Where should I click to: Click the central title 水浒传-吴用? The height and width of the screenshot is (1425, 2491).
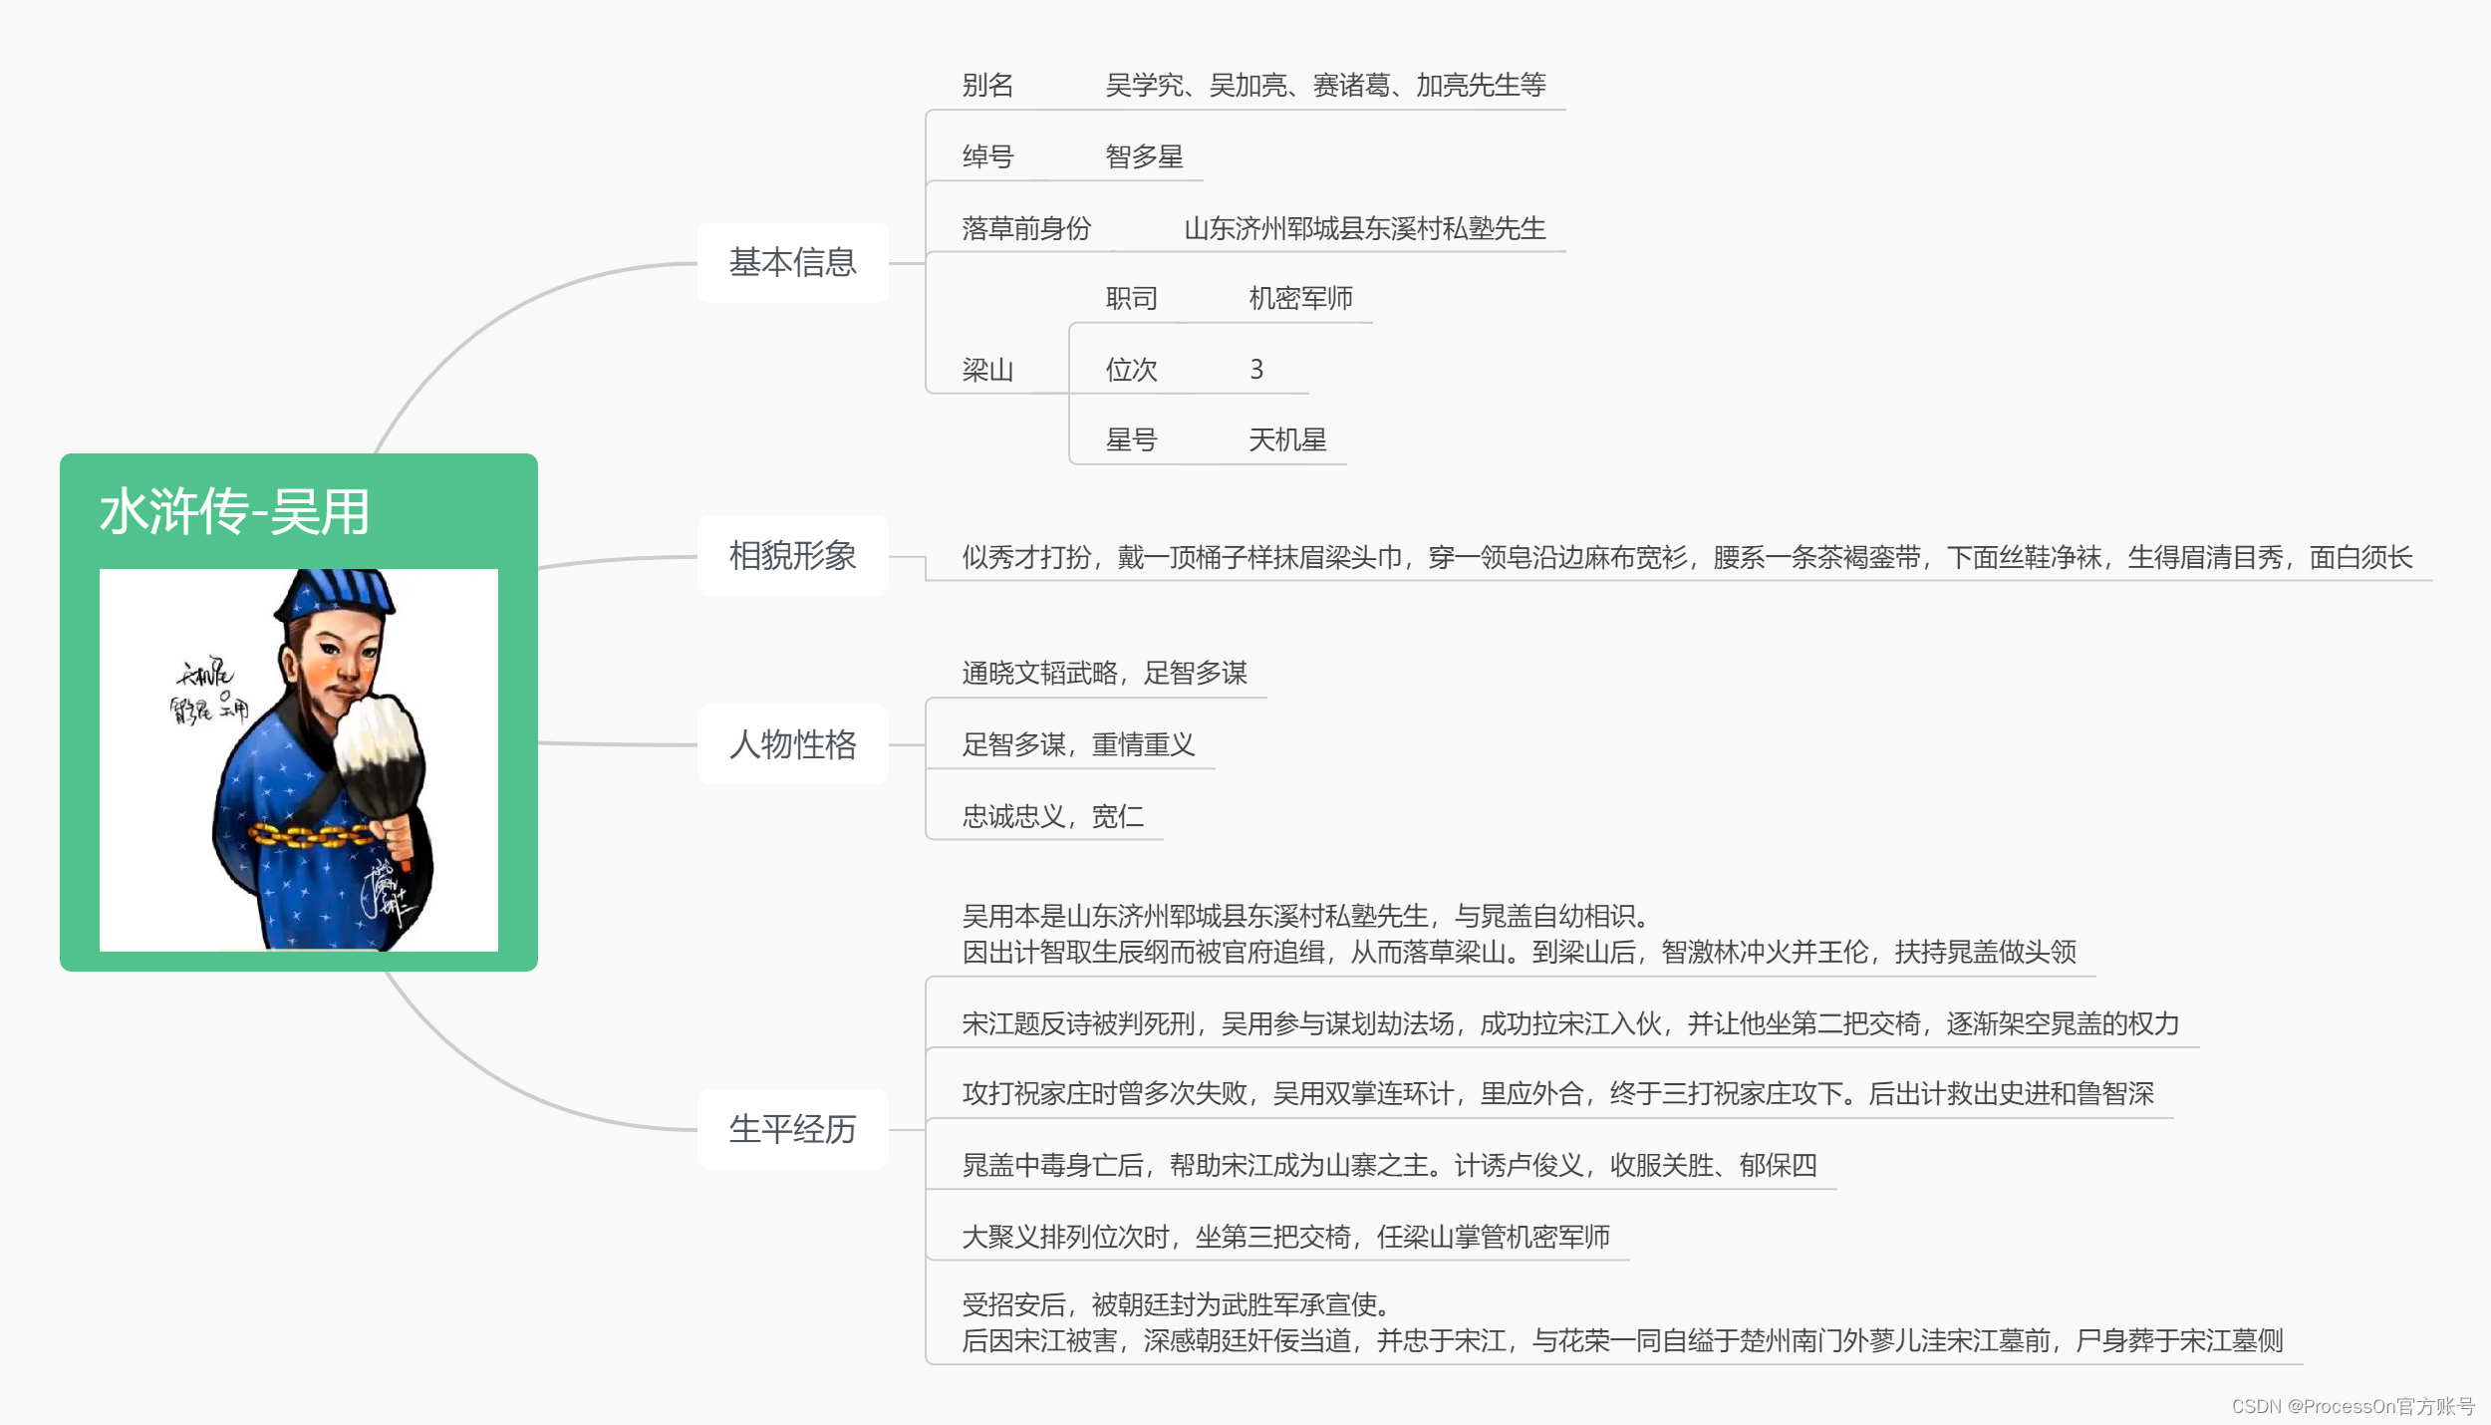(235, 512)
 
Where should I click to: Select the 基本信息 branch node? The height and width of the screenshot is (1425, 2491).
(792, 263)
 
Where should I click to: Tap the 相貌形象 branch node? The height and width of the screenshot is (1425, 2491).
(792, 556)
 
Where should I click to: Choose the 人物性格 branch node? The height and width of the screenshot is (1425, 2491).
(792, 744)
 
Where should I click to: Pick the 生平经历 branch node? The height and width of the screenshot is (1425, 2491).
(792, 1129)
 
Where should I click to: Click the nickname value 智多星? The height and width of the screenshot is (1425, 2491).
(1144, 156)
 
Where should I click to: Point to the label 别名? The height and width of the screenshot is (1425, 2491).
(987, 86)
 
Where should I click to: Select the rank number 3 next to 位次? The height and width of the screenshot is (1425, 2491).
(1256, 370)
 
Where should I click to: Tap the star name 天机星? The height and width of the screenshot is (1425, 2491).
(1287, 439)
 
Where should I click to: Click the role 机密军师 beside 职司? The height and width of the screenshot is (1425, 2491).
(1300, 298)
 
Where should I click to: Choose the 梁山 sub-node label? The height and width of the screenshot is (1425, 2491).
(987, 370)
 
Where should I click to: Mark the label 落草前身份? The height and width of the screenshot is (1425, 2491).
(1026, 228)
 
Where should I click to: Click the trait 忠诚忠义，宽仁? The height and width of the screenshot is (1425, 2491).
(1052, 816)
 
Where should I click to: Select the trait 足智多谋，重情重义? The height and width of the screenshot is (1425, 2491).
(1078, 744)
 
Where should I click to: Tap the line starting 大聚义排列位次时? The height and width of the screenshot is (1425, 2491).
(1285, 1237)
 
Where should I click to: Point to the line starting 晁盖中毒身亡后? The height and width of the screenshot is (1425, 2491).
(1389, 1165)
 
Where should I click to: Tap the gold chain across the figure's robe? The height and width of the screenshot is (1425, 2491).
(309, 835)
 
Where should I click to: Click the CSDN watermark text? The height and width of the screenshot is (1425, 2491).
(2353, 1406)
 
